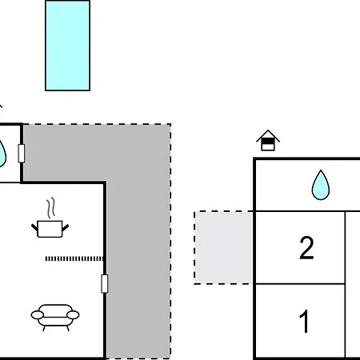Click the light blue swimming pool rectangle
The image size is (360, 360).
67,46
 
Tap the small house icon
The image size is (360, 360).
268,141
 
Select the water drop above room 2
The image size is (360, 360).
321,185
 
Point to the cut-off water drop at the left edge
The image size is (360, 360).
2,154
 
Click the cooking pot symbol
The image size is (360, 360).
50,229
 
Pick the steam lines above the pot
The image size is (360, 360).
51,208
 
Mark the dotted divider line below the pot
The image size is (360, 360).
74,258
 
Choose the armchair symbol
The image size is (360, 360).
55,318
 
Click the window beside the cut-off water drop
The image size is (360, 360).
22,154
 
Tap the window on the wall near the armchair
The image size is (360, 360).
105,283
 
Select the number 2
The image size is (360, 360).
306,248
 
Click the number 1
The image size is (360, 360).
304,322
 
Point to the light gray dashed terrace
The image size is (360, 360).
224,247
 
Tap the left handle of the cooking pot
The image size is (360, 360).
34,227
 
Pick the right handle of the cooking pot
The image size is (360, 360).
66,227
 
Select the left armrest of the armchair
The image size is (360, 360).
38,315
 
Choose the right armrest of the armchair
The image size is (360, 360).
73,315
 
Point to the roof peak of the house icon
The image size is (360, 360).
268,130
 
